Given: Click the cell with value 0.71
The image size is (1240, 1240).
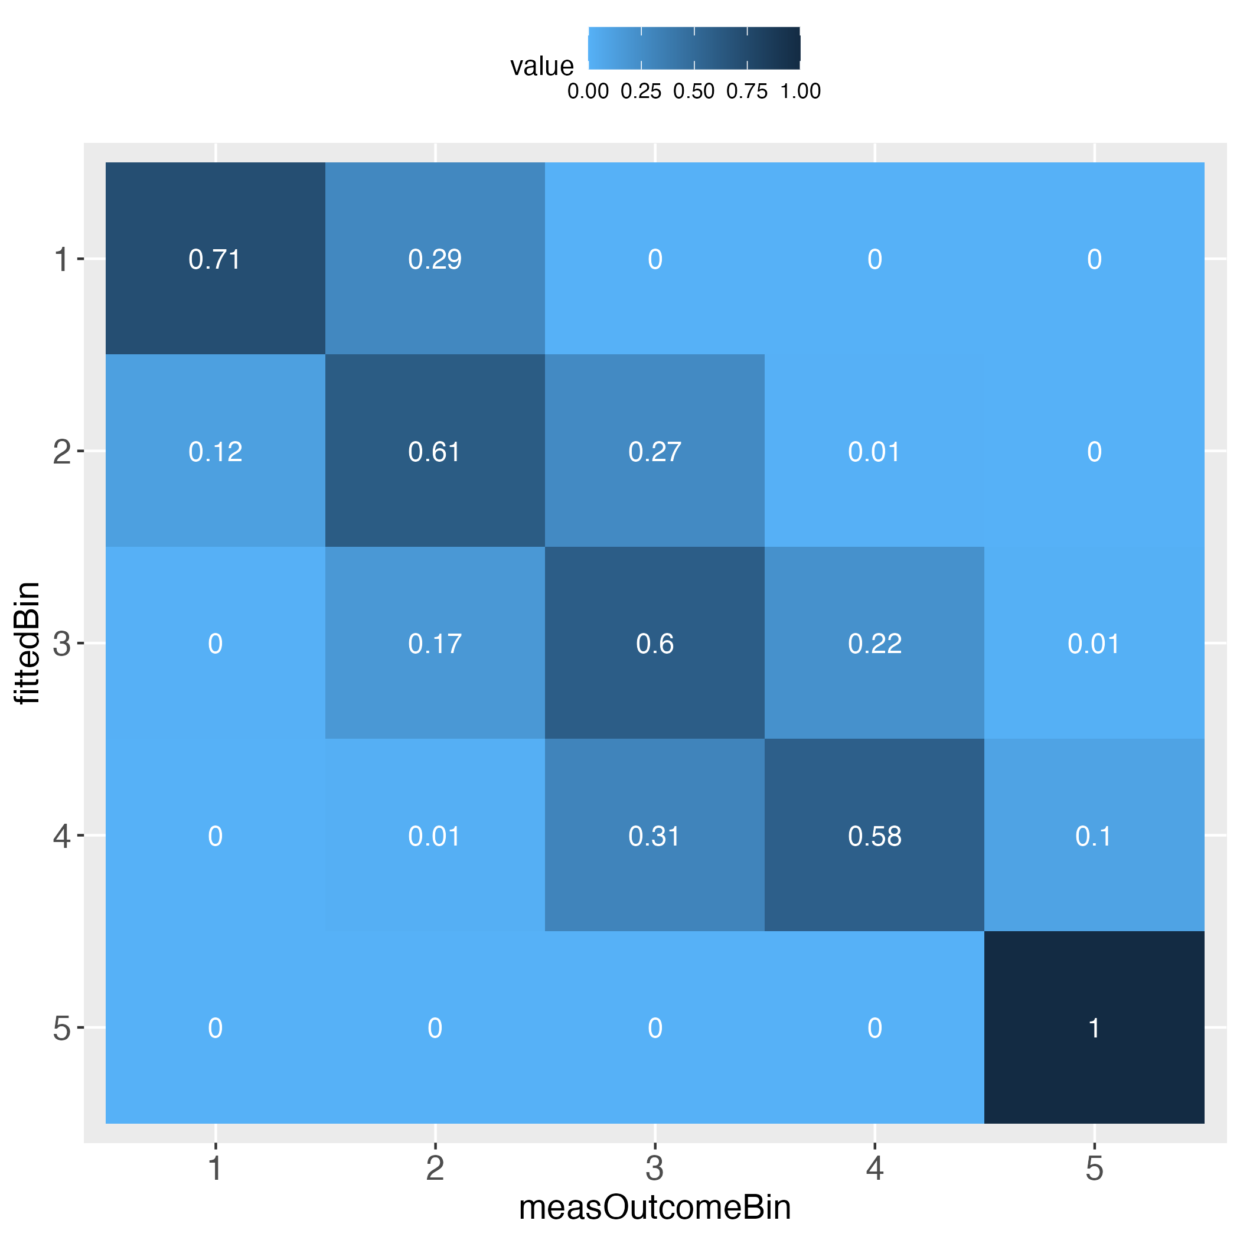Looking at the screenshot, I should coord(215,259).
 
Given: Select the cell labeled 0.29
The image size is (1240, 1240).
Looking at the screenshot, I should coord(435,259).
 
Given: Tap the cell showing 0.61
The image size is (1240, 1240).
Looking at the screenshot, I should coord(435,452).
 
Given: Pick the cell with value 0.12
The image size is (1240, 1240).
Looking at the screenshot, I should coord(215,452).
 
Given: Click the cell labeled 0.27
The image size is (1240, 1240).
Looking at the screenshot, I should coord(655,452).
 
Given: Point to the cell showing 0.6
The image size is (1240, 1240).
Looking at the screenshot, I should coord(655,643).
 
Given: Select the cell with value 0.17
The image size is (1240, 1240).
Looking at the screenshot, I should coord(435,643).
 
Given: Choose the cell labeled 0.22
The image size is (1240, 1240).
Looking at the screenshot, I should coord(874,643).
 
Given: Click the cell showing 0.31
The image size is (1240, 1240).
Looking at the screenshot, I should coord(655,836).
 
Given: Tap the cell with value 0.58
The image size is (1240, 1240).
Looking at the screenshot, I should coord(874,836).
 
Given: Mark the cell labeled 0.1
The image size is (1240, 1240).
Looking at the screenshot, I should coord(1094,836).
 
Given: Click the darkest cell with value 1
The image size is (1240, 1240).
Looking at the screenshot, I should coord(1094,1028).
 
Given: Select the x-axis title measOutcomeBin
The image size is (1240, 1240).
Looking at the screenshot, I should coord(655,1206).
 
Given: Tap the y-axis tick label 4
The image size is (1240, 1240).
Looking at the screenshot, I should coord(61,836).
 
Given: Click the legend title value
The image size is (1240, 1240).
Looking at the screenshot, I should coord(541,66).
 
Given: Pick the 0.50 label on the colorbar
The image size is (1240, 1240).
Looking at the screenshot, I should coord(694,92).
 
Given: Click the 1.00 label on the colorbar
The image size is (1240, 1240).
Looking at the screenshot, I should coord(800,92).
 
